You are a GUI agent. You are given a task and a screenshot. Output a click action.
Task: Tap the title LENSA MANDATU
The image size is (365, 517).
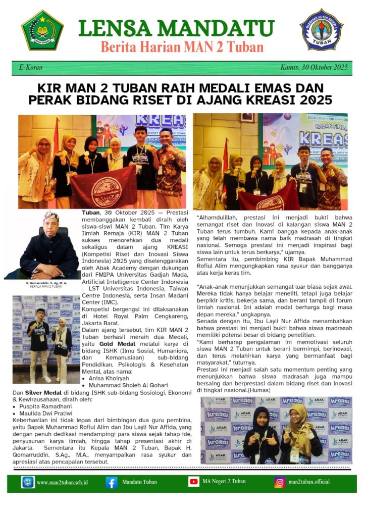(177, 28)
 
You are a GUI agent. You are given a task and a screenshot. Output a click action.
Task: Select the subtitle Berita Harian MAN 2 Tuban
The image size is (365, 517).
(182, 47)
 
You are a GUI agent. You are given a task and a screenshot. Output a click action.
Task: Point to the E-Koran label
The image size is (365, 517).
(31, 68)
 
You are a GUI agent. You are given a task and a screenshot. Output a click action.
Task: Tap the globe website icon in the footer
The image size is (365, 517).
(28, 482)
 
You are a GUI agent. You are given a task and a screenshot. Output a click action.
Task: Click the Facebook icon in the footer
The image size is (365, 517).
(112, 482)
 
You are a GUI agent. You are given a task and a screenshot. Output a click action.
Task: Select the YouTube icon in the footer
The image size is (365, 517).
(193, 482)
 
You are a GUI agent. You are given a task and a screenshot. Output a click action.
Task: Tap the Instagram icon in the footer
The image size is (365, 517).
(280, 482)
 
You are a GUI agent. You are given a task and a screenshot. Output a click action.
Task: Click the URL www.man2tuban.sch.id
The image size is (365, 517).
(61, 482)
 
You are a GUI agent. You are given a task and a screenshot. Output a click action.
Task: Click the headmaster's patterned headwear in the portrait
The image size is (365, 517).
(51, 217)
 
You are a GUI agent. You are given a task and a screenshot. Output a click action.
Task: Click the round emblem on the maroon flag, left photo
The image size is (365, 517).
(107, 191)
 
